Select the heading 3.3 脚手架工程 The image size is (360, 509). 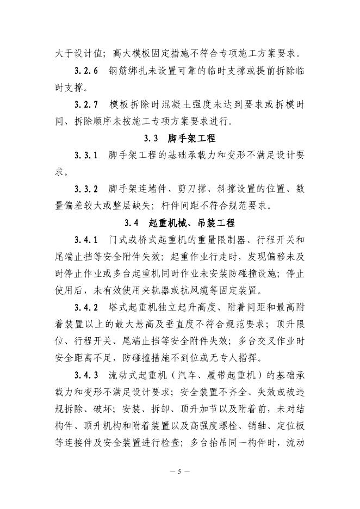pos(180,138)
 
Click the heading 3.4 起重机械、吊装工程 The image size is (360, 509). pos(179,222)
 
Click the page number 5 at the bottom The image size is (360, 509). pos(179,471)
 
